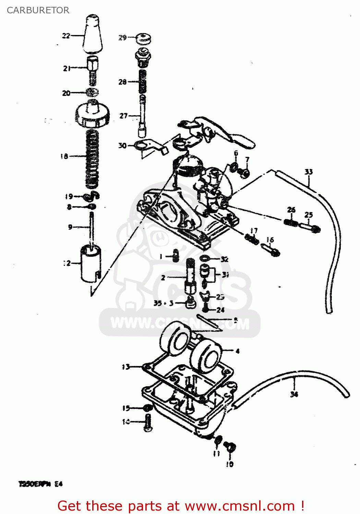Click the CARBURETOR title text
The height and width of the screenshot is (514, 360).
[38, 10]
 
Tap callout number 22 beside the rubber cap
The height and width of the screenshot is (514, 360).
[66, 36]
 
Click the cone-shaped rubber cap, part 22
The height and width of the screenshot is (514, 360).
[93, 34]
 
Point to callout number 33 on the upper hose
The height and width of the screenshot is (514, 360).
[309, 172]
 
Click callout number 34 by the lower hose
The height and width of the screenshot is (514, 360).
[294, 394]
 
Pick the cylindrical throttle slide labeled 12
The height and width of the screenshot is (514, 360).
[91, 263]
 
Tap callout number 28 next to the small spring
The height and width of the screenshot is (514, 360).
[122, 82]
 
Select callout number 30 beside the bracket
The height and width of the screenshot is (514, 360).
[122, 146]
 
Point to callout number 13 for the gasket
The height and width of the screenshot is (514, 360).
[126, 367]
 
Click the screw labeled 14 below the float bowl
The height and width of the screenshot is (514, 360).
[148, 423]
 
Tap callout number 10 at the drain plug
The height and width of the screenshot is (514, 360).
[230, 464]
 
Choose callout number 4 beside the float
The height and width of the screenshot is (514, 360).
[237, 351]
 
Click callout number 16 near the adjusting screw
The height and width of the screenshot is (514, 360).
[270, 240]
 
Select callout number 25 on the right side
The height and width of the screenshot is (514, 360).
[309, 215]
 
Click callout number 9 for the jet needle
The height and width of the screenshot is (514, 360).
[70, 227]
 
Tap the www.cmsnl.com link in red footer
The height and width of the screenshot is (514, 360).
[240, 506]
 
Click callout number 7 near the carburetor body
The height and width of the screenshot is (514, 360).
[247, 160]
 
